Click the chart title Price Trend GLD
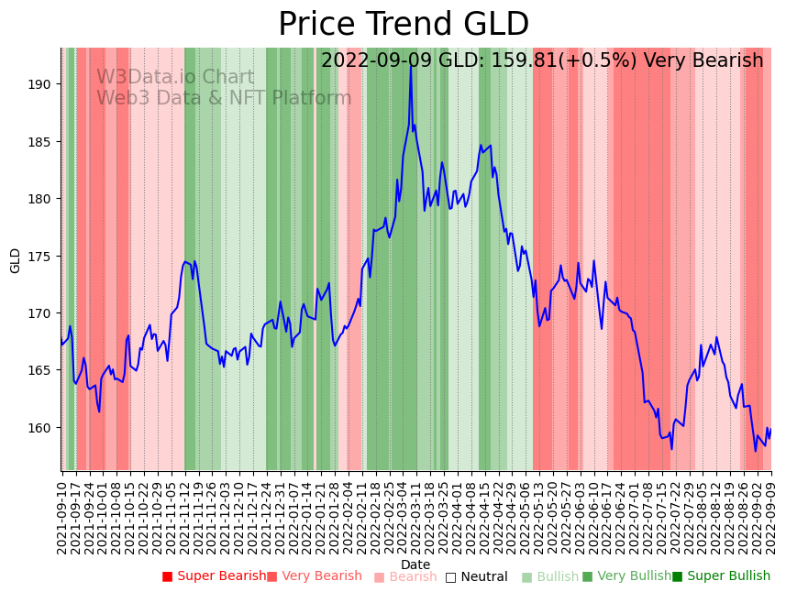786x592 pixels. click(404, 25)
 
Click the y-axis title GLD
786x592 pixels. click(15, 260)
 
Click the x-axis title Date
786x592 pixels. click(415, 565)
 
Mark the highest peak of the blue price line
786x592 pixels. click(411, 64)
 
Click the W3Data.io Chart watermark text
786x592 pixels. click(175, 78)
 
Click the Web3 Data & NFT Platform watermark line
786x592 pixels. click(224, 98)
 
